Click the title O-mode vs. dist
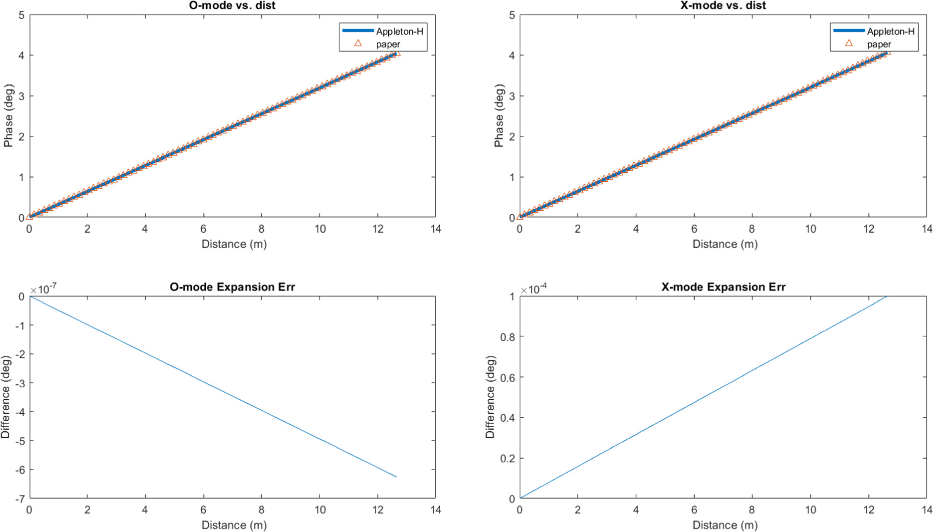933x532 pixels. [232, 6]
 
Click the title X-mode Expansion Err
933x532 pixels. [723, 287]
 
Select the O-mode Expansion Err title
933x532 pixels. [232, 287]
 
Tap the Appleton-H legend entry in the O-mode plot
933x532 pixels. [399, 31]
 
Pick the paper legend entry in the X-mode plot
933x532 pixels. [879, 44]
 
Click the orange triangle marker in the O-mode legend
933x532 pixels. [358, 43]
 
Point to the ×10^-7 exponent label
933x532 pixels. [44, 289]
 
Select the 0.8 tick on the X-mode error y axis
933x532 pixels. [507, 337]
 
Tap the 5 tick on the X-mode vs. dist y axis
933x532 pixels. [512, 15]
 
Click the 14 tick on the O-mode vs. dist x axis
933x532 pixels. [436, 229]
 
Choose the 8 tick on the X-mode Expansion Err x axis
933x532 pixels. [751, 510]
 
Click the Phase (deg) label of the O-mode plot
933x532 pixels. [8, 116]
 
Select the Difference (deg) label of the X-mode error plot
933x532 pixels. [490, 397]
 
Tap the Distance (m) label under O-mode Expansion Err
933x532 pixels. [234, 525]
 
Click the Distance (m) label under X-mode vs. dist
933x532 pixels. [724, 244]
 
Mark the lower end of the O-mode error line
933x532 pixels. [396, 476]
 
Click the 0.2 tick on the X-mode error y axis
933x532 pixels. [507, 458]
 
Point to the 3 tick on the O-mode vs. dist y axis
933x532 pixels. [21, 96]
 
